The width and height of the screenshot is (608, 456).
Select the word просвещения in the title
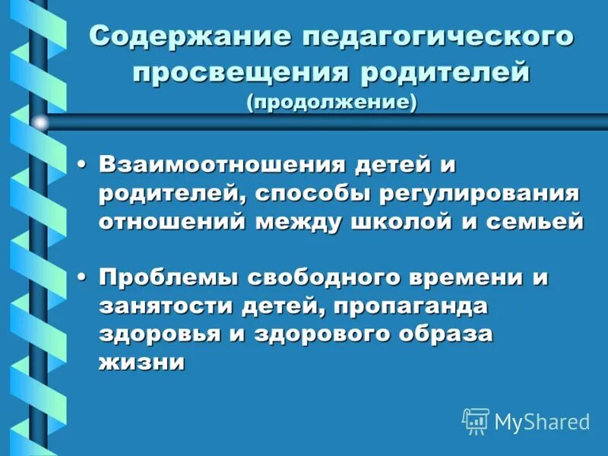coord(236,74)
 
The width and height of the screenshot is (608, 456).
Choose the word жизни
coord(141,362)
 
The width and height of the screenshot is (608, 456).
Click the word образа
coord(444,334)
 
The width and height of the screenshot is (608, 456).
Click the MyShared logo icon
coord(476,420)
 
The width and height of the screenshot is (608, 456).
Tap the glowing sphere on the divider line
coord(40,122)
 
